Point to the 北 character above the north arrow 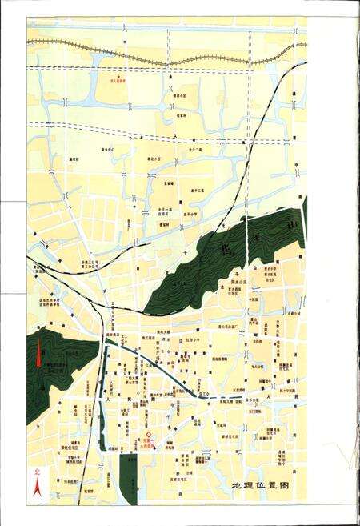35,472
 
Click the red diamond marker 147,437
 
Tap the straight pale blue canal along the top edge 160,27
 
